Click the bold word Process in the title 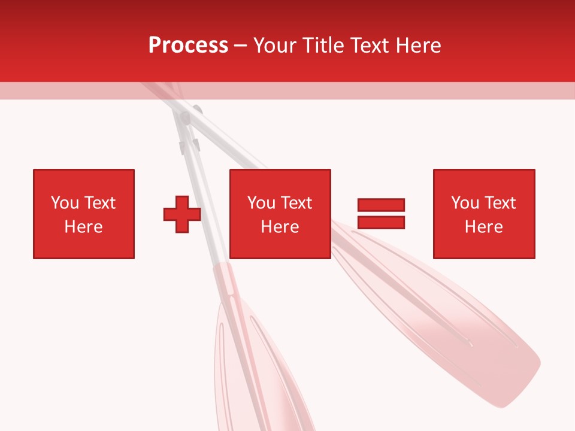[x=188, y=45]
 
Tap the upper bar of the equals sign [x=381, y=205]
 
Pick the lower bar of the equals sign [x=381, y=223]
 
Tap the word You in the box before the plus [x=65, y=203]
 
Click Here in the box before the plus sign [x=83, y=227]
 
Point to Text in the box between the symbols [x=296, y=203]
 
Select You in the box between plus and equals [x=261, y=203]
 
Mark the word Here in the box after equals [x=483, y=227]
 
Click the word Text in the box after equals [x=500, y=203]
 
